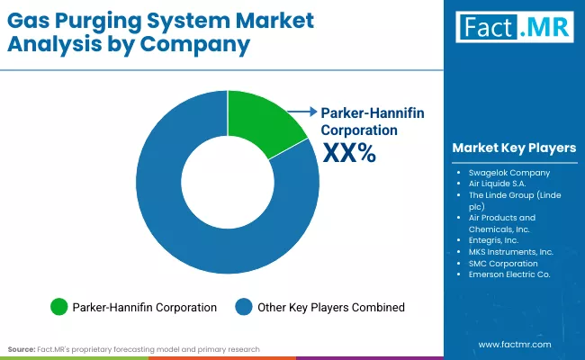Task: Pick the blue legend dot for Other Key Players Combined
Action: click(x=244, y=307)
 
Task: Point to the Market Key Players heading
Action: click(x=514, y=148)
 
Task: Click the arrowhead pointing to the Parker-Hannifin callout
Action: click(x=315, y=112)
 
